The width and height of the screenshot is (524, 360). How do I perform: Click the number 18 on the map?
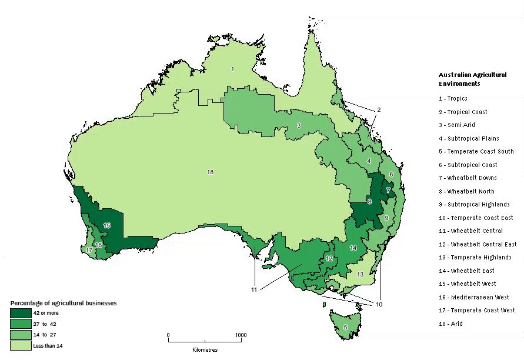click(210, 172)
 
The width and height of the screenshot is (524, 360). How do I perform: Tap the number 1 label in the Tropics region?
click(232, 69)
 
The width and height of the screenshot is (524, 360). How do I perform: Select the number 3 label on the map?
click(299, 125)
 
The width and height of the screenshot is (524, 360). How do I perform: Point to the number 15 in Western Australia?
click(106, 225)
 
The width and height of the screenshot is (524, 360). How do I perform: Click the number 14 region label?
click(353, 248)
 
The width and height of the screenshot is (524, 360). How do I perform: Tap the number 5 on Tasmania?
click(345, 326)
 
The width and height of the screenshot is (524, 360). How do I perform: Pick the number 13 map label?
click(361, 274)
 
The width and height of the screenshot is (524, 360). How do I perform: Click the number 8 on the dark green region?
click(369, 202)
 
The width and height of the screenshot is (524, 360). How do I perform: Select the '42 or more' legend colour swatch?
click(21, 313)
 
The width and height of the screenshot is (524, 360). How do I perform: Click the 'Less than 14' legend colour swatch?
click(21, 345)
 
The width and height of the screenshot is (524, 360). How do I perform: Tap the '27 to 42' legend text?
click(45, 324)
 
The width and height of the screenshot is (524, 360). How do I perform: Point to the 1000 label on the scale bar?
click(241, 335)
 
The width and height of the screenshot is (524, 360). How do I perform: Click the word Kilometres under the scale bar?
click(205, 349)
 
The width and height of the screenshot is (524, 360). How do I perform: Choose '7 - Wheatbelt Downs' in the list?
click(468, 178)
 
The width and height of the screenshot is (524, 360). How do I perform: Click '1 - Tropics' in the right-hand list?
click(453, 98)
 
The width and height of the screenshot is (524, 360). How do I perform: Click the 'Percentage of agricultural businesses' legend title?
click(63, 303)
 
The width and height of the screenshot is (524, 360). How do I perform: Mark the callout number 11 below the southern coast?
click(253, 290)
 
